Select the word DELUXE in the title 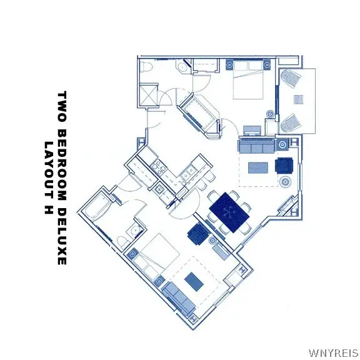[62, 236]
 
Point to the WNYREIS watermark [333, 354]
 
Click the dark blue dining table [229, 212]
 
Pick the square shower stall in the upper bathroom [149, 95]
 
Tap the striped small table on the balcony [299, 99]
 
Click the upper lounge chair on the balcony [291, 79]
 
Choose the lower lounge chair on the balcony [291, 124]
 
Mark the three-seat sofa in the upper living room [257, 146]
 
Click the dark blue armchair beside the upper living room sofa [284, 166]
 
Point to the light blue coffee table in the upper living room [258, 168]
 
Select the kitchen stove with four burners [159, 167]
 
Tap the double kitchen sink [187, 174]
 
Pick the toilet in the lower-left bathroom [123, 242]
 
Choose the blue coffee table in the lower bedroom [194, 281]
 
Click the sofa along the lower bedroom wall [178, 298]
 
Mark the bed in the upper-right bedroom [248, 79]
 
